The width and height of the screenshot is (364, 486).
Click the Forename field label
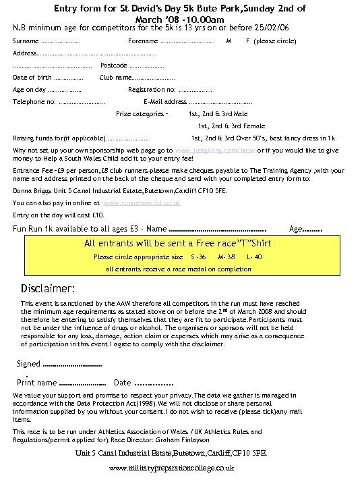click(142, 41)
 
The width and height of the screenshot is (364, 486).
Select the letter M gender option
click(229, 41)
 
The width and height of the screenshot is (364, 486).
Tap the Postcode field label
click(113, 65)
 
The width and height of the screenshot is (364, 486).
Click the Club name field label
click(115, 78)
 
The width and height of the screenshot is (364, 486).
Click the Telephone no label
click(34, 102)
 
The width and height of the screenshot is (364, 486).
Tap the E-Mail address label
click(165, 102)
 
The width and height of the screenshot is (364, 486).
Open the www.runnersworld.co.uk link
click(142, 202)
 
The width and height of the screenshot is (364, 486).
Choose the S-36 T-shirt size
click(198, 257)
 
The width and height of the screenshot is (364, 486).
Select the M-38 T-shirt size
click(226, 257)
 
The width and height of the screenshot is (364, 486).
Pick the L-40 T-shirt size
click(254, 257)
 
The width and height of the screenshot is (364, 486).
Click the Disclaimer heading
click(51, 290)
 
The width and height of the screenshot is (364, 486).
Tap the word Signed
click(28, 364)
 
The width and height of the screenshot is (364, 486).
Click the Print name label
click(36, 383)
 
